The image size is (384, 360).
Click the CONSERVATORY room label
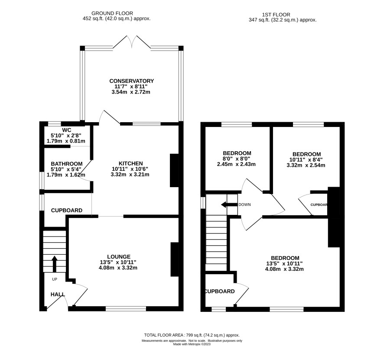click(x=131, y=81)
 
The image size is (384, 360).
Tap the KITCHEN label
click(x=130, y=163)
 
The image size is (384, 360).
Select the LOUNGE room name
click(x=119, y=256)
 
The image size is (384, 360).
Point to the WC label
click(x=66, y=130)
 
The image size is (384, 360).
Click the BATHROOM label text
click(x=67, y=163)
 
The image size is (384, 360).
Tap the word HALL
click(x=58, y=295)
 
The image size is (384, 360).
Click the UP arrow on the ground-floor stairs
click(x=54, y=264)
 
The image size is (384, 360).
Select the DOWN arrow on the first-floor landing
click(x=229, y=204)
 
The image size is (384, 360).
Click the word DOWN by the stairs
click(x=244, y=204)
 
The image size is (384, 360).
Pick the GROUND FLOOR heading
click(x=112, y=13)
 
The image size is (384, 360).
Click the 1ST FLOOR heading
click(x=276, y=15)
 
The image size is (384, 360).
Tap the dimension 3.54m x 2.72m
click(x=131, y=92)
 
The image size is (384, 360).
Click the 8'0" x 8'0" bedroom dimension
click(x=236, y=159)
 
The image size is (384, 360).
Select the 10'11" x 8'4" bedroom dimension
click(x=306, y=159)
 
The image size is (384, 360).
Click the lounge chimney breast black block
click(x=175, y=259)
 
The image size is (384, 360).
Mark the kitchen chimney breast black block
click(x=174, y=171)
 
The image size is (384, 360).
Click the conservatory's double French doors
click(x=132, y=42)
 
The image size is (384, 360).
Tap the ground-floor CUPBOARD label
click(x=67, y=210)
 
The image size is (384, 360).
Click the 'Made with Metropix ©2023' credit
click(x=192, y=344)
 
